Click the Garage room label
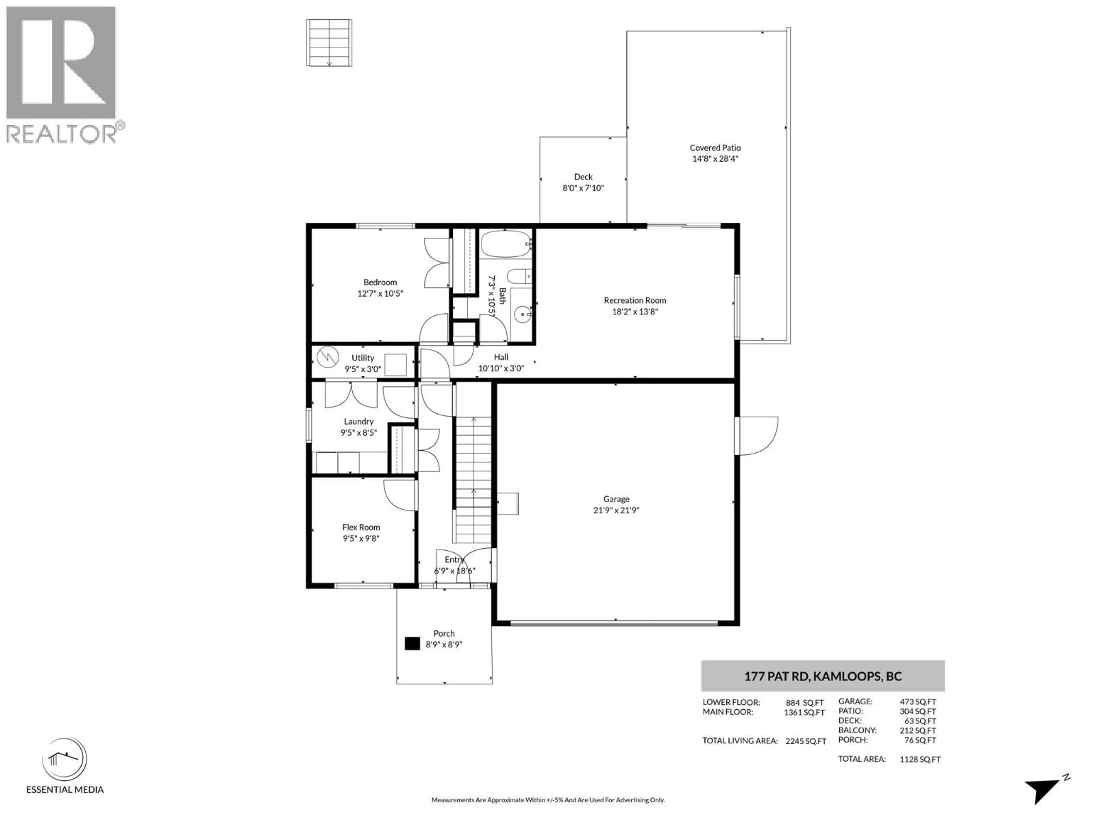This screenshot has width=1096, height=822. (616, 499)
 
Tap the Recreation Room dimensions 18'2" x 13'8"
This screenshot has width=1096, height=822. (635, 312)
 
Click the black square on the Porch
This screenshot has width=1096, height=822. (412, 644)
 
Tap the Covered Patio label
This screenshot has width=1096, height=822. (715, 148)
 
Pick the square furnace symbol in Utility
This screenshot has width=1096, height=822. (395, 365)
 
